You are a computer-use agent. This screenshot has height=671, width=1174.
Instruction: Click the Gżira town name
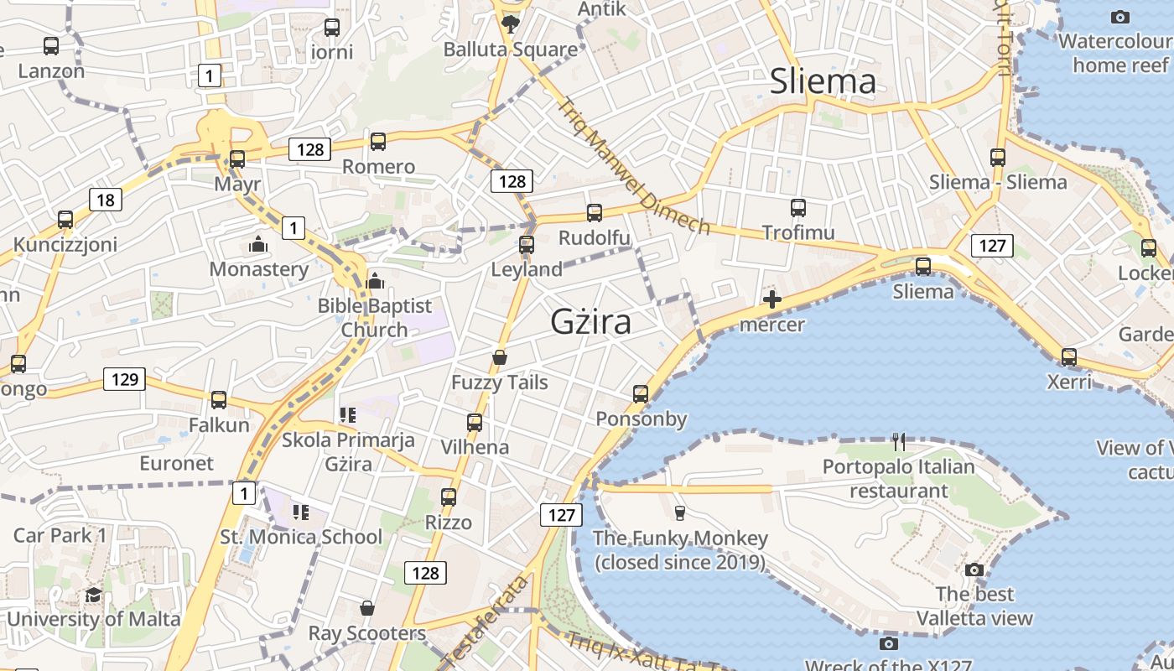[590, 322]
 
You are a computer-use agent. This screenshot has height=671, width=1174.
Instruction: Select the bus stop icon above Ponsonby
[641, 393]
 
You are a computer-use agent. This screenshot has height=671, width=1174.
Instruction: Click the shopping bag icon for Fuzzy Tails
[500, 358]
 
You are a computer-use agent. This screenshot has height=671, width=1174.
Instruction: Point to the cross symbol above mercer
[771, 299]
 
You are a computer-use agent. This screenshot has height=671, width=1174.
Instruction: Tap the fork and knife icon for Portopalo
[899, 441]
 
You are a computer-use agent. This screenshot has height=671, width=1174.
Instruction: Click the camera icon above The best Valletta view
[974, 570]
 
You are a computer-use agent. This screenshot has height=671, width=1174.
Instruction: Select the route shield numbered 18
[105, 200]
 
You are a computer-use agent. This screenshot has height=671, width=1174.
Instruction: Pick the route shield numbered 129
[124, 379]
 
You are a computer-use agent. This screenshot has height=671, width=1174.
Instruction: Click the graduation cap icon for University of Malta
[93, 595]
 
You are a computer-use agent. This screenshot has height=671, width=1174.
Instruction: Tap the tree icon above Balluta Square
[510, 23]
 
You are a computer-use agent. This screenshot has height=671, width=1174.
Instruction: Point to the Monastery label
[259, 269]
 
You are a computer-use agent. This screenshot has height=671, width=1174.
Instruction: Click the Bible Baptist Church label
[374, 317]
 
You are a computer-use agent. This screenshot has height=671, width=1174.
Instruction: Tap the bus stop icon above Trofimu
[797, 207]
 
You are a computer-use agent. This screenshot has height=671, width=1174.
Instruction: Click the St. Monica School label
[300, 537]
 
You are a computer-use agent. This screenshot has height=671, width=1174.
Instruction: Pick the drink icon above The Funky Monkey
[679, 512]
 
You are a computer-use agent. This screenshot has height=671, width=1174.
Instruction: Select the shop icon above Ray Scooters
[366, 607]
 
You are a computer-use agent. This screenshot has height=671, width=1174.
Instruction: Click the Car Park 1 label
[60, 535]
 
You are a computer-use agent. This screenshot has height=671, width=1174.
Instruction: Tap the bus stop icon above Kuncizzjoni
[65, 220]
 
